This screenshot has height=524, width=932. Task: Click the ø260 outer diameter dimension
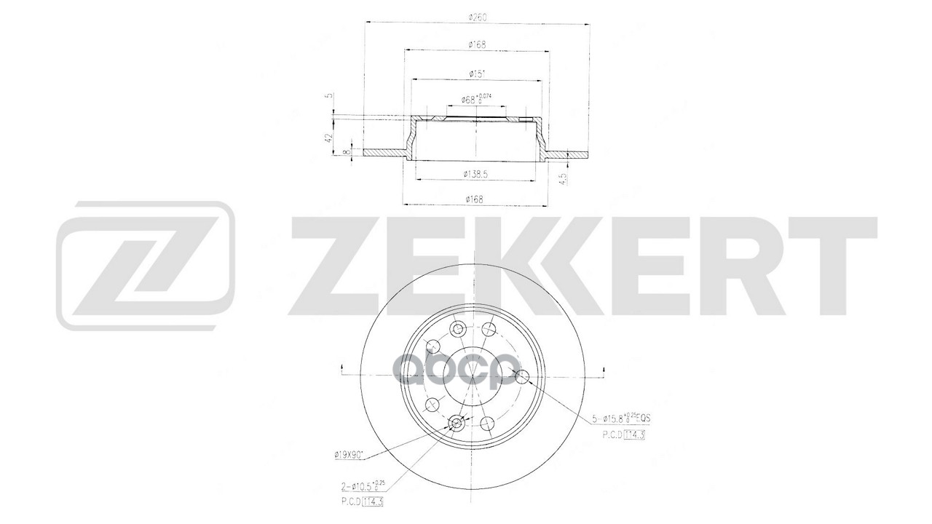tap(477, 17)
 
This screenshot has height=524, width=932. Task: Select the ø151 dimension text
tap(477, 73)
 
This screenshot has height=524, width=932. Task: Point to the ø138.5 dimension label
tap(476, 173)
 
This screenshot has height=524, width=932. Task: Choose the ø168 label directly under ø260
tap(477, 45)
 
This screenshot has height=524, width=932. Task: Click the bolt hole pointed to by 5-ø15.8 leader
tap(522, 376)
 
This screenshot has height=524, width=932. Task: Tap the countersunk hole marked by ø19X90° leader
tap(457, 424)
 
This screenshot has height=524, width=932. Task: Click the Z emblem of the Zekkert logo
tap(146, 266)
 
